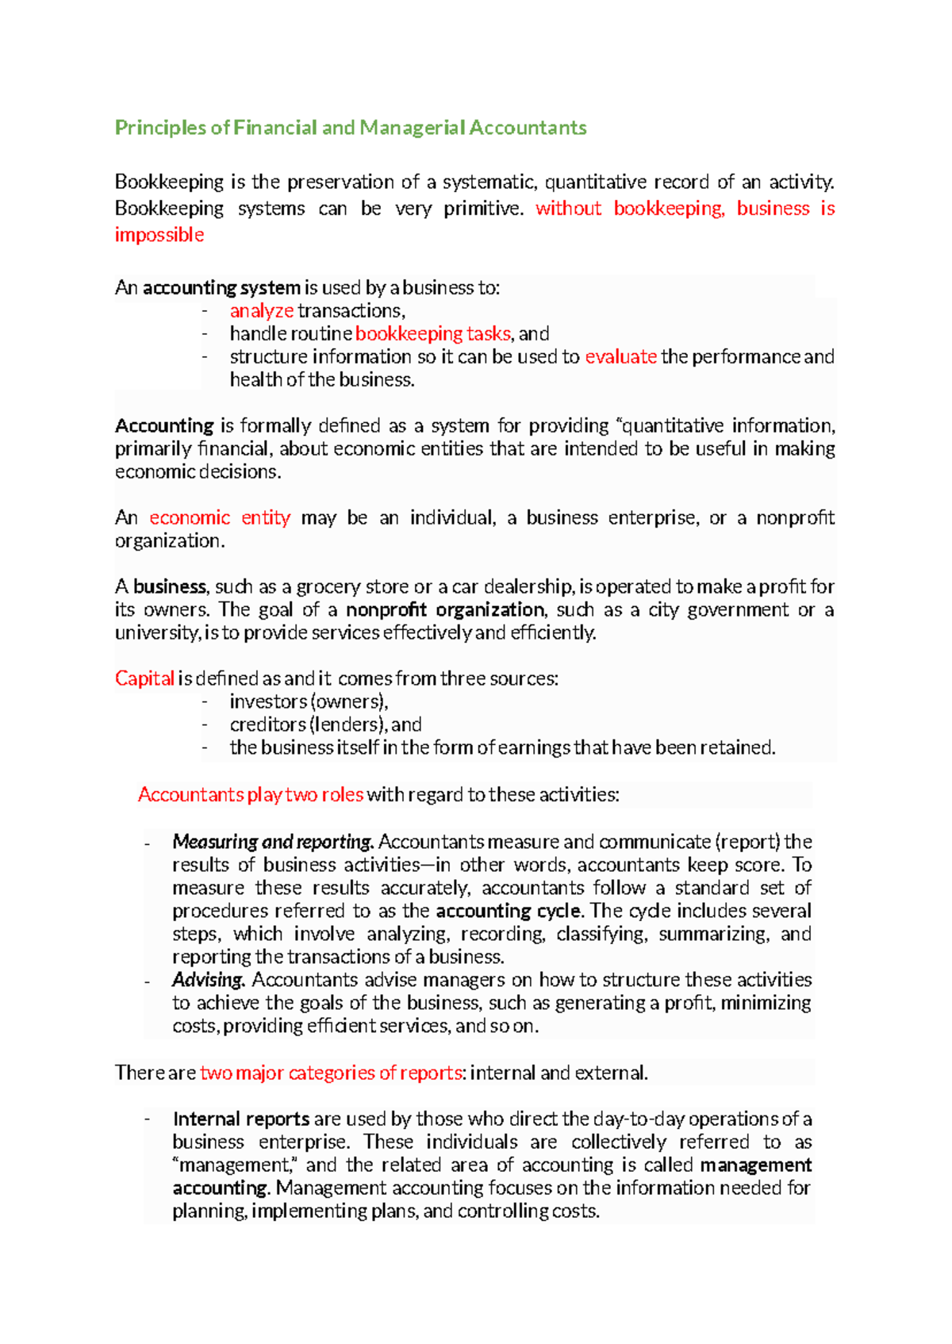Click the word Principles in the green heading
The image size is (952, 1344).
pyautogui.click(x=160, y=128)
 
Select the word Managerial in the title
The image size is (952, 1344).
pyautogui.click(x=412, y=128)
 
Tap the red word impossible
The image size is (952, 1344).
pyautogui.click(x=159, y=235)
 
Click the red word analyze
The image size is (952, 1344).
pyautogui.click(x=262, y=311)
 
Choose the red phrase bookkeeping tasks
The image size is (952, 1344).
pyautogui.click(x=432, y=334)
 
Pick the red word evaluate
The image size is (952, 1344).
pyautogui.click(x=620, y=357)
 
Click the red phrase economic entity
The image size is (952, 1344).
pyautogui.click(x=220, y=518)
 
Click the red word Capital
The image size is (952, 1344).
pyautogui.click(x=144, y=679)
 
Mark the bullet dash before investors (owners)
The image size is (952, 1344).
pyautogui.click(x=205, y=701)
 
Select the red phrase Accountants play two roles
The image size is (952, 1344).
pyautogui.click(x=251, y=795)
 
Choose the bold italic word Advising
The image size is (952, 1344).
pyautogui.click(x=208, y=980)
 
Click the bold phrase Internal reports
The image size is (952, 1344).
pyautogui.click(x=241, y=1119)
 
